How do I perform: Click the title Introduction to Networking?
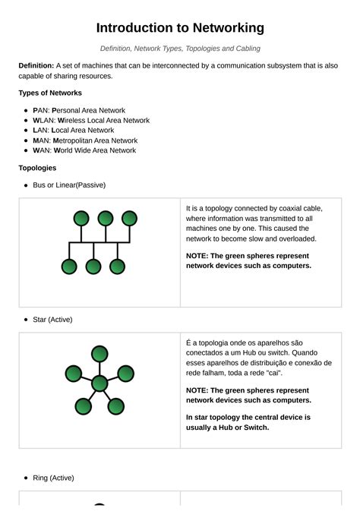pos(180,28)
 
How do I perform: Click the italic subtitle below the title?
pos(180,49)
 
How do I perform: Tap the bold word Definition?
pos(36,66)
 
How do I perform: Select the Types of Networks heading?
pos(50,93)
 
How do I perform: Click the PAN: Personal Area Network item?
pos(79,110)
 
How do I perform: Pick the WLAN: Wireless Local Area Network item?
pos(91,120)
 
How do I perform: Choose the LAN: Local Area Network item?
pos(74,130)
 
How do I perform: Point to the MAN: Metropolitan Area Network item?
pos(85,140)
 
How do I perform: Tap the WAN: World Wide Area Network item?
pos(84,150)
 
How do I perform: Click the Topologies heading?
pos(37,168)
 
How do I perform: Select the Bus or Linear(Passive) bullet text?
pos(69,185)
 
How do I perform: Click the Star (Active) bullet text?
pos(52,320)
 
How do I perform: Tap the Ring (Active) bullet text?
pos(53,478)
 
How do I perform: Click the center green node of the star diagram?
pos(99,384)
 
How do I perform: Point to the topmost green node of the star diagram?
pos(99,353)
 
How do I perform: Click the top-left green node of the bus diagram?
pos(81,219)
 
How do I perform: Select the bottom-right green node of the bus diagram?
pos(117,267)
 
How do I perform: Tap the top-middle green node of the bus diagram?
pos(106,219)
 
